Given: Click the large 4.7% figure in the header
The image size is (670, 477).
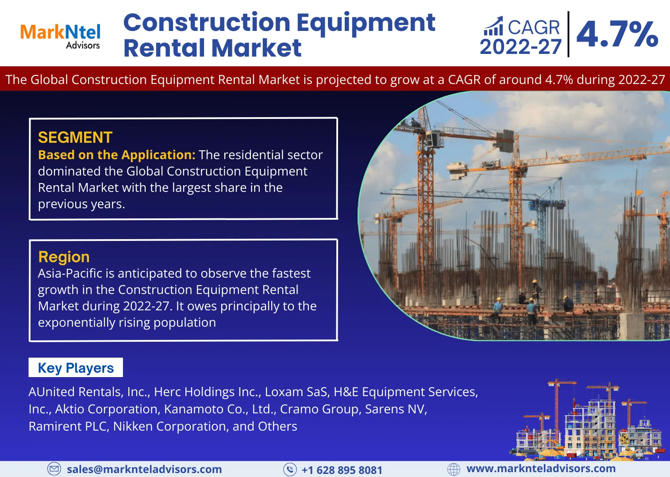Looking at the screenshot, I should click(x=617, y=34).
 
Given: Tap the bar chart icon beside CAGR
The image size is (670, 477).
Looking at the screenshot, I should click(x=493, y=27).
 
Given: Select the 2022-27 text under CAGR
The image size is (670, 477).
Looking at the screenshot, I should click(x=520, y=47).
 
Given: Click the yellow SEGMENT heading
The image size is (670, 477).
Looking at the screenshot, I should click(x=75, y=137).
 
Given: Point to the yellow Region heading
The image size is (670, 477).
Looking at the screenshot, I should click(x=64, y=257).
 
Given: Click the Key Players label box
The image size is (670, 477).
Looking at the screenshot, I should click(x=76, y=368).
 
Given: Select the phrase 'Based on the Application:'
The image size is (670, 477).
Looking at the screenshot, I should click(x=116, y=155).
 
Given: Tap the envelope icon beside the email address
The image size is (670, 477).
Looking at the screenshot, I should click(x=54, y=469).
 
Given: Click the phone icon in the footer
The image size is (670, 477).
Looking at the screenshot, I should click(x=290, y=469).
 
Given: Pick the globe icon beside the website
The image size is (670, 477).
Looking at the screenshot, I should click(x=454, y=469).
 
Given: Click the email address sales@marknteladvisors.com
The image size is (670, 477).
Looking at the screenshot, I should click(x=144, y=469).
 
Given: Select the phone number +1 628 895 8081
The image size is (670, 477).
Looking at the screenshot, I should click(x=342, y=470).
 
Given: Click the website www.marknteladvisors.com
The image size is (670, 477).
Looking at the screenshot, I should click(x=541, y=469).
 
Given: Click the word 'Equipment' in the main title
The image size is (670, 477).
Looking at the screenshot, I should click(x=366, y=23).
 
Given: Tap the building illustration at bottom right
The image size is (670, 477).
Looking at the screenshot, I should click(x=589, y=420).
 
